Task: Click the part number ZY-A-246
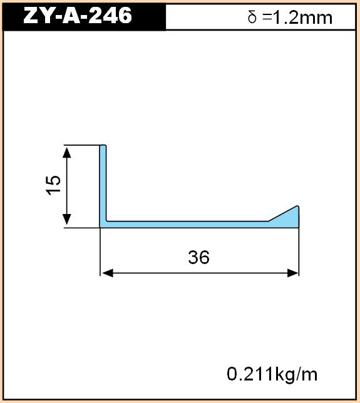coord(78,16)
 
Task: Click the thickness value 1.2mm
coord(302,18)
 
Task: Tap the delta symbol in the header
coord(252,18)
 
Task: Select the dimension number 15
coord(53,185)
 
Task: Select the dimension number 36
coord(198,257)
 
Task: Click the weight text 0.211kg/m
coord(272,374)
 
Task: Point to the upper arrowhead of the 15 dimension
coord(67,153)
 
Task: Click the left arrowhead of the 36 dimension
coord(108,273)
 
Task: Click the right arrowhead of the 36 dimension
coord(292,273)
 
